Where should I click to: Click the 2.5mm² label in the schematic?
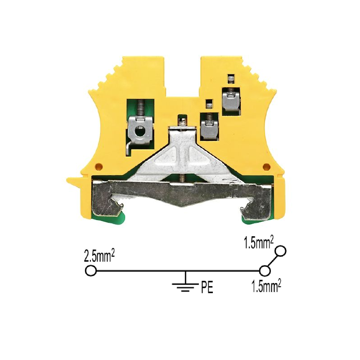click(99, 256)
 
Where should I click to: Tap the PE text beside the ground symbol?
click(207, 288)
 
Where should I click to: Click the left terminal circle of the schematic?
click(91, 271)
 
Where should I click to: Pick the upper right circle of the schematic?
click(280, 251)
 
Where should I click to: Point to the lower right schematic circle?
click(265, 271)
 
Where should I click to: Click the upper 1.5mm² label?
click(258, 243)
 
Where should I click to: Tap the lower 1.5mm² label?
click(266, 287)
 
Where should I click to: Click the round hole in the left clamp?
click(139, 132)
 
